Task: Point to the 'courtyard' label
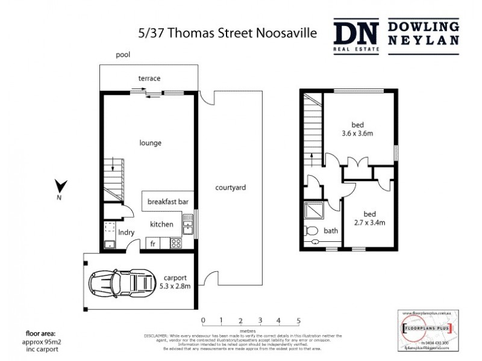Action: [x=230, y=188]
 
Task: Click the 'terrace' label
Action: [x=149, y=79]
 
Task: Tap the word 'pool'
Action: [x=123, y=55]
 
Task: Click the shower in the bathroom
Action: [x=315, y=211]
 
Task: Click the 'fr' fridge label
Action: [x=153, y=244]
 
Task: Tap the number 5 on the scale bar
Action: [x=298, y=319]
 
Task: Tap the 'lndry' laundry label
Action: [x=126, y=232]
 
